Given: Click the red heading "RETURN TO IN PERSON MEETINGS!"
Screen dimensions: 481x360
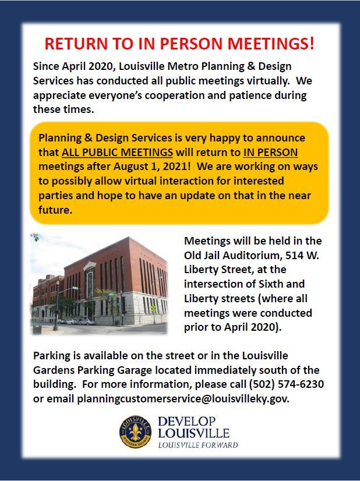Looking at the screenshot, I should pos(180,44).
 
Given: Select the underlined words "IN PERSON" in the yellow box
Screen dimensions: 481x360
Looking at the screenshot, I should pos(270,153).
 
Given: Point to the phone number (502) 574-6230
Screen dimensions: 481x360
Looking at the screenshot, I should pos(287,385).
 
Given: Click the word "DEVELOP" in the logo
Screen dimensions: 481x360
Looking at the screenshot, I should pos(186,421).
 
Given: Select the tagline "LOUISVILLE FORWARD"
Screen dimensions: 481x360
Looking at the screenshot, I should pos(198,445).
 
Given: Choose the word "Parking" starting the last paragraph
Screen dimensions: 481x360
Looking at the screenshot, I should pos(53,356).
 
